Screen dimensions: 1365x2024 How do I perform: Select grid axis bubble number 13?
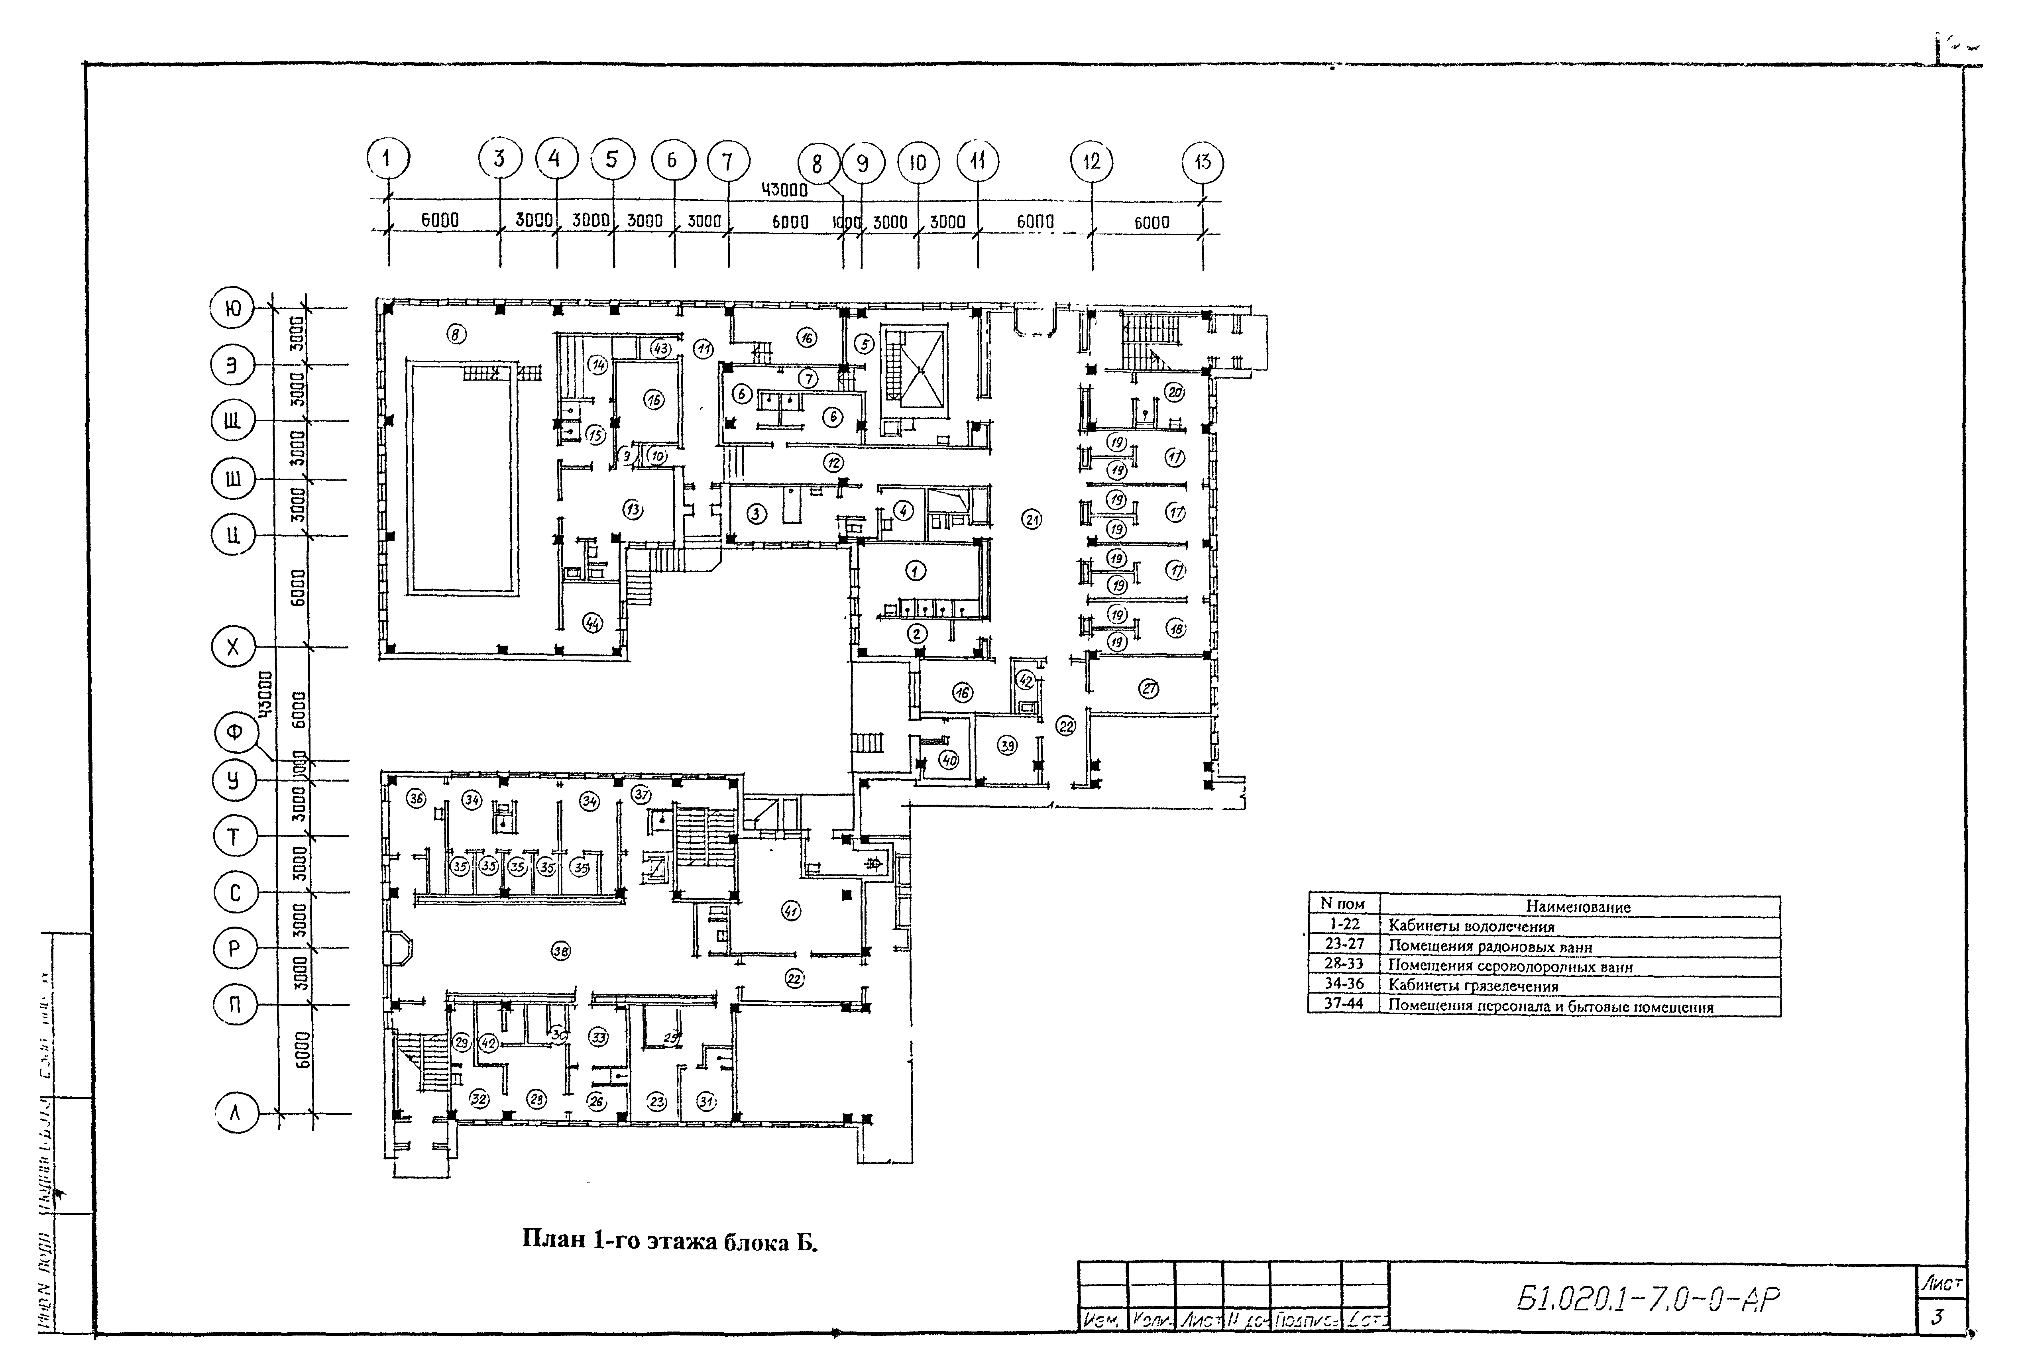click(1202, 162)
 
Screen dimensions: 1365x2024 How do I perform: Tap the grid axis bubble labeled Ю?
click(232, 308)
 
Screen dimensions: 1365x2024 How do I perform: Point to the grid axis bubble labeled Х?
click(232, 647)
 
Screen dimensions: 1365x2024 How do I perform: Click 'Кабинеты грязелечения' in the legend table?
click(1473, 986)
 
